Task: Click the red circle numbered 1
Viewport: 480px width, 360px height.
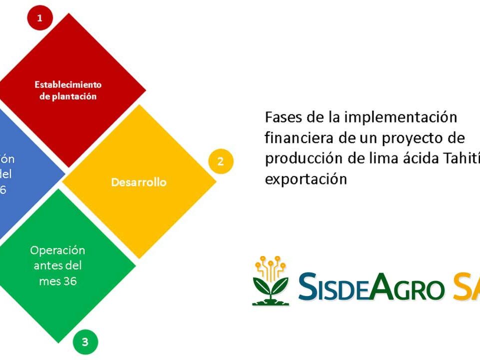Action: click(x=39, y=19)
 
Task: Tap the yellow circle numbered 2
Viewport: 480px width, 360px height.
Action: click(x=220, y=161)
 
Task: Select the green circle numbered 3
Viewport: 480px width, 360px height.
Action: click(x=85, y=342)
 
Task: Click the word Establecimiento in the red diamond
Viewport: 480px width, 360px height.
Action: click(x=68, y=84)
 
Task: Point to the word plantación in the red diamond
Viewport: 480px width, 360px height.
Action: click(x=75, y=96)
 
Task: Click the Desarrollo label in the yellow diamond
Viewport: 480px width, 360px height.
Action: click(x=139, y=182)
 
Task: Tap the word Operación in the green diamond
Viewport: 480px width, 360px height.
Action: click(x=57, y=250)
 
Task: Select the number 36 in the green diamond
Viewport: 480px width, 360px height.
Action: click(x=70, y=281)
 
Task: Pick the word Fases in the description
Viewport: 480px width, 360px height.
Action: click(x=279, y=117)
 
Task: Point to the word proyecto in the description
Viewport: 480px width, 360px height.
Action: click(x=413, y=137)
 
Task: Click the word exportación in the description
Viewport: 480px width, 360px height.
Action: click(x=305, y=178)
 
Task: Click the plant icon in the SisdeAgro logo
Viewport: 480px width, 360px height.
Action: click(x=270, y=281)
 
